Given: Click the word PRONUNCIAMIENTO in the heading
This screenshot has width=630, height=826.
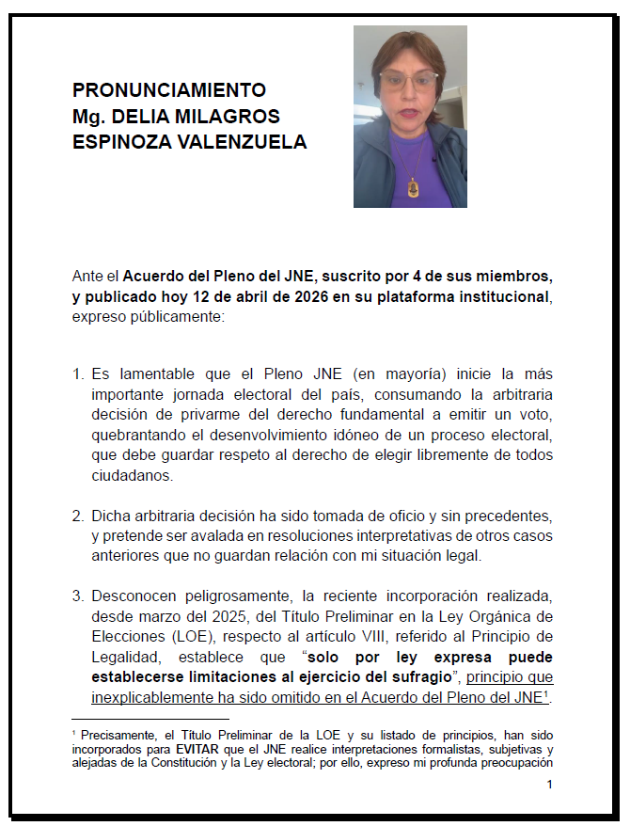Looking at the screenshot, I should tap(168, 90).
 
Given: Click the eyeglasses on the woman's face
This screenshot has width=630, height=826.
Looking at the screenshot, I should tap(408, 80).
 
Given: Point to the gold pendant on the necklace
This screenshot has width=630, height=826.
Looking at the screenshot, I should tap(412, 187).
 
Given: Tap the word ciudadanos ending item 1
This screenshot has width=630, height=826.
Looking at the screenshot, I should tap(133, 476).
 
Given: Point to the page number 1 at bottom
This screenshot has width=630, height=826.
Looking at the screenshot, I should tap(550, 784).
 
